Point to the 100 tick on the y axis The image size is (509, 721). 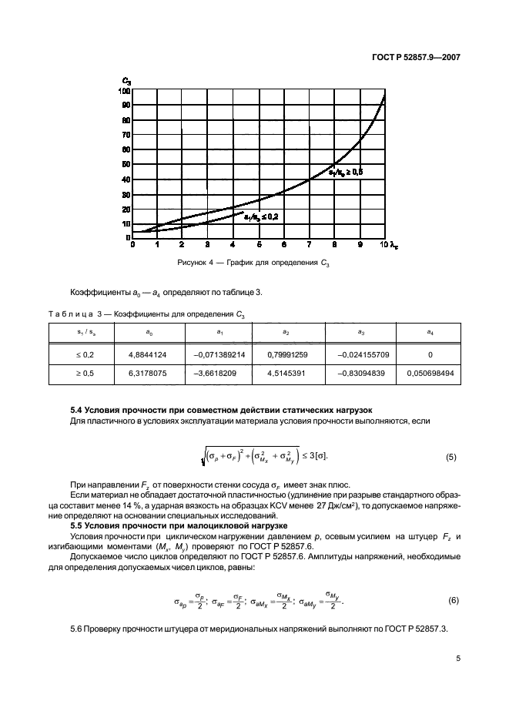coord(124,91)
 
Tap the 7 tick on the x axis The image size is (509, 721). coord(309,244)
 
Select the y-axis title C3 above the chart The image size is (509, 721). coord(126,80)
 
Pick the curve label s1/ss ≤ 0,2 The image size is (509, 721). coord(261,218)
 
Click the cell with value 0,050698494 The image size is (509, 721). coord(430,374)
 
